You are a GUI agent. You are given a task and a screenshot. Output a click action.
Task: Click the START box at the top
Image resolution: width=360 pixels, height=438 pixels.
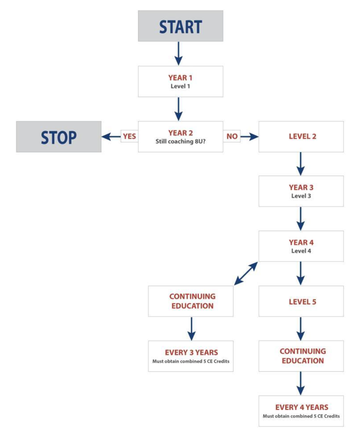[180, 26]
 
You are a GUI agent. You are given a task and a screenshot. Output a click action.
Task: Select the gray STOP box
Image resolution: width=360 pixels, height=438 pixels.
[59, 137]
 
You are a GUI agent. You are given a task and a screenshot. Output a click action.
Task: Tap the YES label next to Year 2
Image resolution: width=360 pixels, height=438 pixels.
[129, 137]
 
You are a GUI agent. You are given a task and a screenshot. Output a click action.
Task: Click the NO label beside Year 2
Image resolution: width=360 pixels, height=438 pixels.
[232, 137]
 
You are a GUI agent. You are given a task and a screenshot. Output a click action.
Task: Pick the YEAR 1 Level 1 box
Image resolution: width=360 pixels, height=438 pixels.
[180, 81]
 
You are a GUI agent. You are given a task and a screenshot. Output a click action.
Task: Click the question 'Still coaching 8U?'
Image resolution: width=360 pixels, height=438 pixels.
[180, 142]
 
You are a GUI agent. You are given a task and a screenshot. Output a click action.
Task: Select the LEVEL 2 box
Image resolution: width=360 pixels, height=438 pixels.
[301, 137]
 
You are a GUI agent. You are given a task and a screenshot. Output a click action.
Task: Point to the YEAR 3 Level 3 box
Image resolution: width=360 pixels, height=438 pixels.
[301, 191]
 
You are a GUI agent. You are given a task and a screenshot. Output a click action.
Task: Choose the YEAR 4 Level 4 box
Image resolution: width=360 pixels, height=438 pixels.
[301, 246]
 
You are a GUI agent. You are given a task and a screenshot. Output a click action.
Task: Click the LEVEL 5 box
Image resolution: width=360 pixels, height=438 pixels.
[301, 302]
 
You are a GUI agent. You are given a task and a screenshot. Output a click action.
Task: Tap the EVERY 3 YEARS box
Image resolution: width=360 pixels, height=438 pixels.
[191, 356]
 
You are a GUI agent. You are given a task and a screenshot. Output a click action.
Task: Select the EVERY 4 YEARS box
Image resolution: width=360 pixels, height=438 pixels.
[301, 411]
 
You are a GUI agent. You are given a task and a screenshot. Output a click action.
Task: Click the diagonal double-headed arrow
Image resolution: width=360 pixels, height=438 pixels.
[246, 274]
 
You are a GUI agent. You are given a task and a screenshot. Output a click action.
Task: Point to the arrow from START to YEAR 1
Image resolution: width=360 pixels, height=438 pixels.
[179, 53]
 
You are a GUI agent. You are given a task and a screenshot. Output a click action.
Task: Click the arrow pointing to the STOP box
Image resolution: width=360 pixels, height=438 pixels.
[110, 137]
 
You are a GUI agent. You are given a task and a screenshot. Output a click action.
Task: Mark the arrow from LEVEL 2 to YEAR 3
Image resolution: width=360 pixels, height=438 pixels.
[300, 163]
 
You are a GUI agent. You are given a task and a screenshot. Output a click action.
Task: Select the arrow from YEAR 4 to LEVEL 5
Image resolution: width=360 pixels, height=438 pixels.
[300, 273]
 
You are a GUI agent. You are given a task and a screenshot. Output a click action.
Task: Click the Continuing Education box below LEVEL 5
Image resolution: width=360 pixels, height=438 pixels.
[301, 356]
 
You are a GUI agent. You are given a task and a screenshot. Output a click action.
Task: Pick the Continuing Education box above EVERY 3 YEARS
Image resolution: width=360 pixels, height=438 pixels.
[191, 301]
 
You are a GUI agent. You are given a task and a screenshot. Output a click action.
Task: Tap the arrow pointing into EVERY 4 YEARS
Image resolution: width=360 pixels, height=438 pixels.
[300, 383]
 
